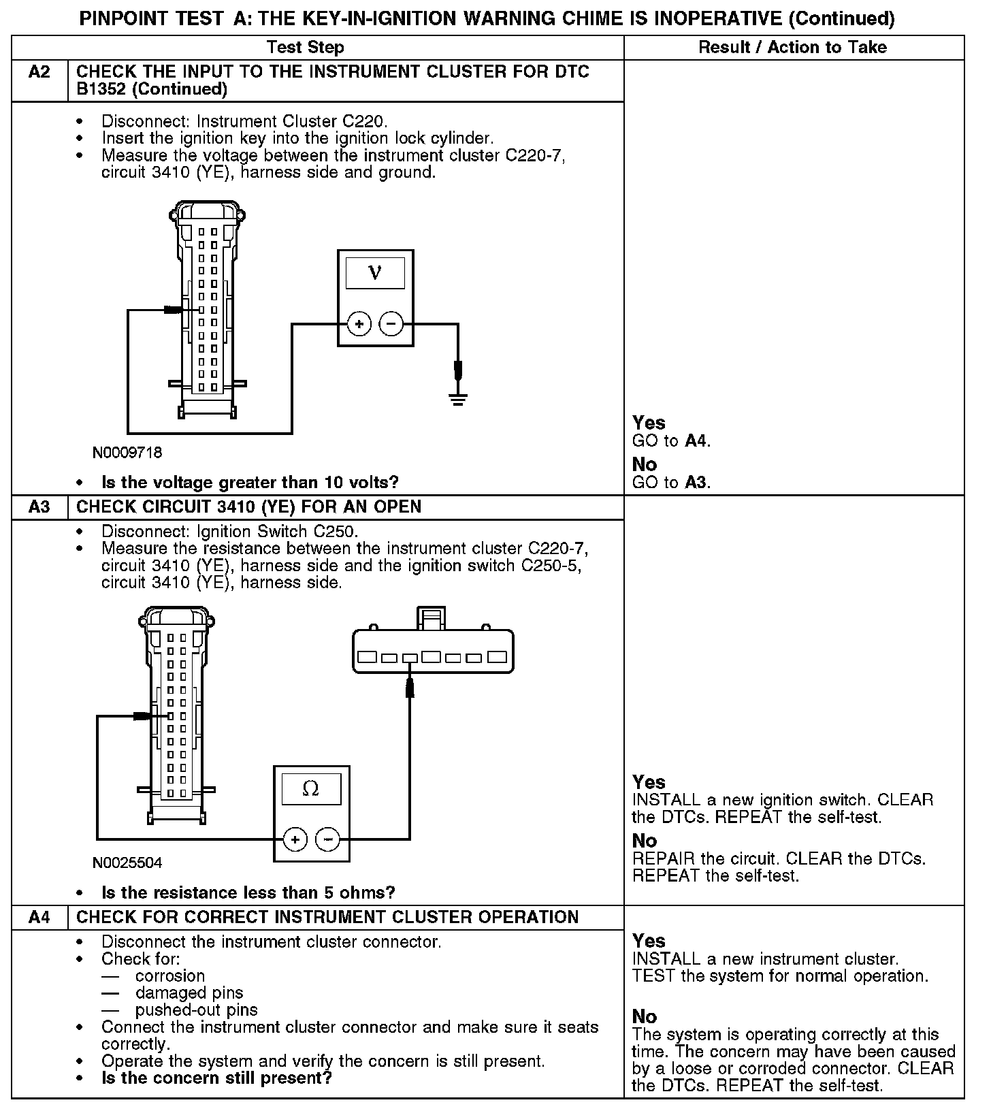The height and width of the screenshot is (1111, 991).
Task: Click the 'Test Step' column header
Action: point(305,48)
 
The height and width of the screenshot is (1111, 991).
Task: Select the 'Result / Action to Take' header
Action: point(793,48)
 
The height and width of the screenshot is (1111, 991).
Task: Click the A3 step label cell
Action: point(39,507)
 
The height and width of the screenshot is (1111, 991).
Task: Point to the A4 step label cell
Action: point(39,918)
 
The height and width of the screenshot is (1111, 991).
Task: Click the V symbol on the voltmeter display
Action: point(375,273)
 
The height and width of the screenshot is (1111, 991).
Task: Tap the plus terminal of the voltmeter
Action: point(359,324)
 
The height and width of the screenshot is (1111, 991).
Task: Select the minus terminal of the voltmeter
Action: point(391,324)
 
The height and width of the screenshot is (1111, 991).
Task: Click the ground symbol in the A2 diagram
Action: point(458,398)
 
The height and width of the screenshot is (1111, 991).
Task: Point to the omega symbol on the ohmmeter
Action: point(310,789)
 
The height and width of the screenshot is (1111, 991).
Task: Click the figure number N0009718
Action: point(128,453)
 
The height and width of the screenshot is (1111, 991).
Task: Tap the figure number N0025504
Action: point(128,863)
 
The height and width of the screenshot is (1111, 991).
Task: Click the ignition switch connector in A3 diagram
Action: point(433,651)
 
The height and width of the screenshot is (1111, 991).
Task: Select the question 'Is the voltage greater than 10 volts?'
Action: point(250,483)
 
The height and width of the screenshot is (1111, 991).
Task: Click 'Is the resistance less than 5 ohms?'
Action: point(248,892)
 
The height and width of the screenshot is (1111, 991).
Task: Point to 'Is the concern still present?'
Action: point(216,1078)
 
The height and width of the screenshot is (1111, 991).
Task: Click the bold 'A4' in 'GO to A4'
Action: point(696,441)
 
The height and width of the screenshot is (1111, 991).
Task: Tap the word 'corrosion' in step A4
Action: point(170,976)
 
